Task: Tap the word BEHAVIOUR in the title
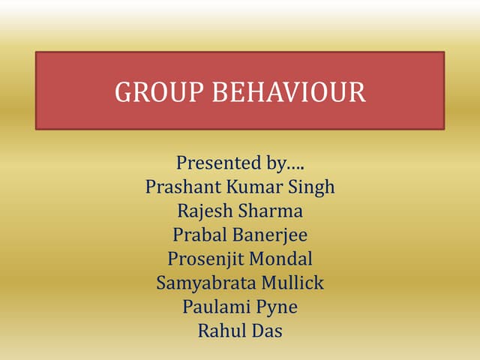coord(289,91)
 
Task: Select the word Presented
coord(212,162)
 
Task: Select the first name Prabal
coord(197,235)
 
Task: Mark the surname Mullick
coord(292,283)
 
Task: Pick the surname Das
coord(267,330)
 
